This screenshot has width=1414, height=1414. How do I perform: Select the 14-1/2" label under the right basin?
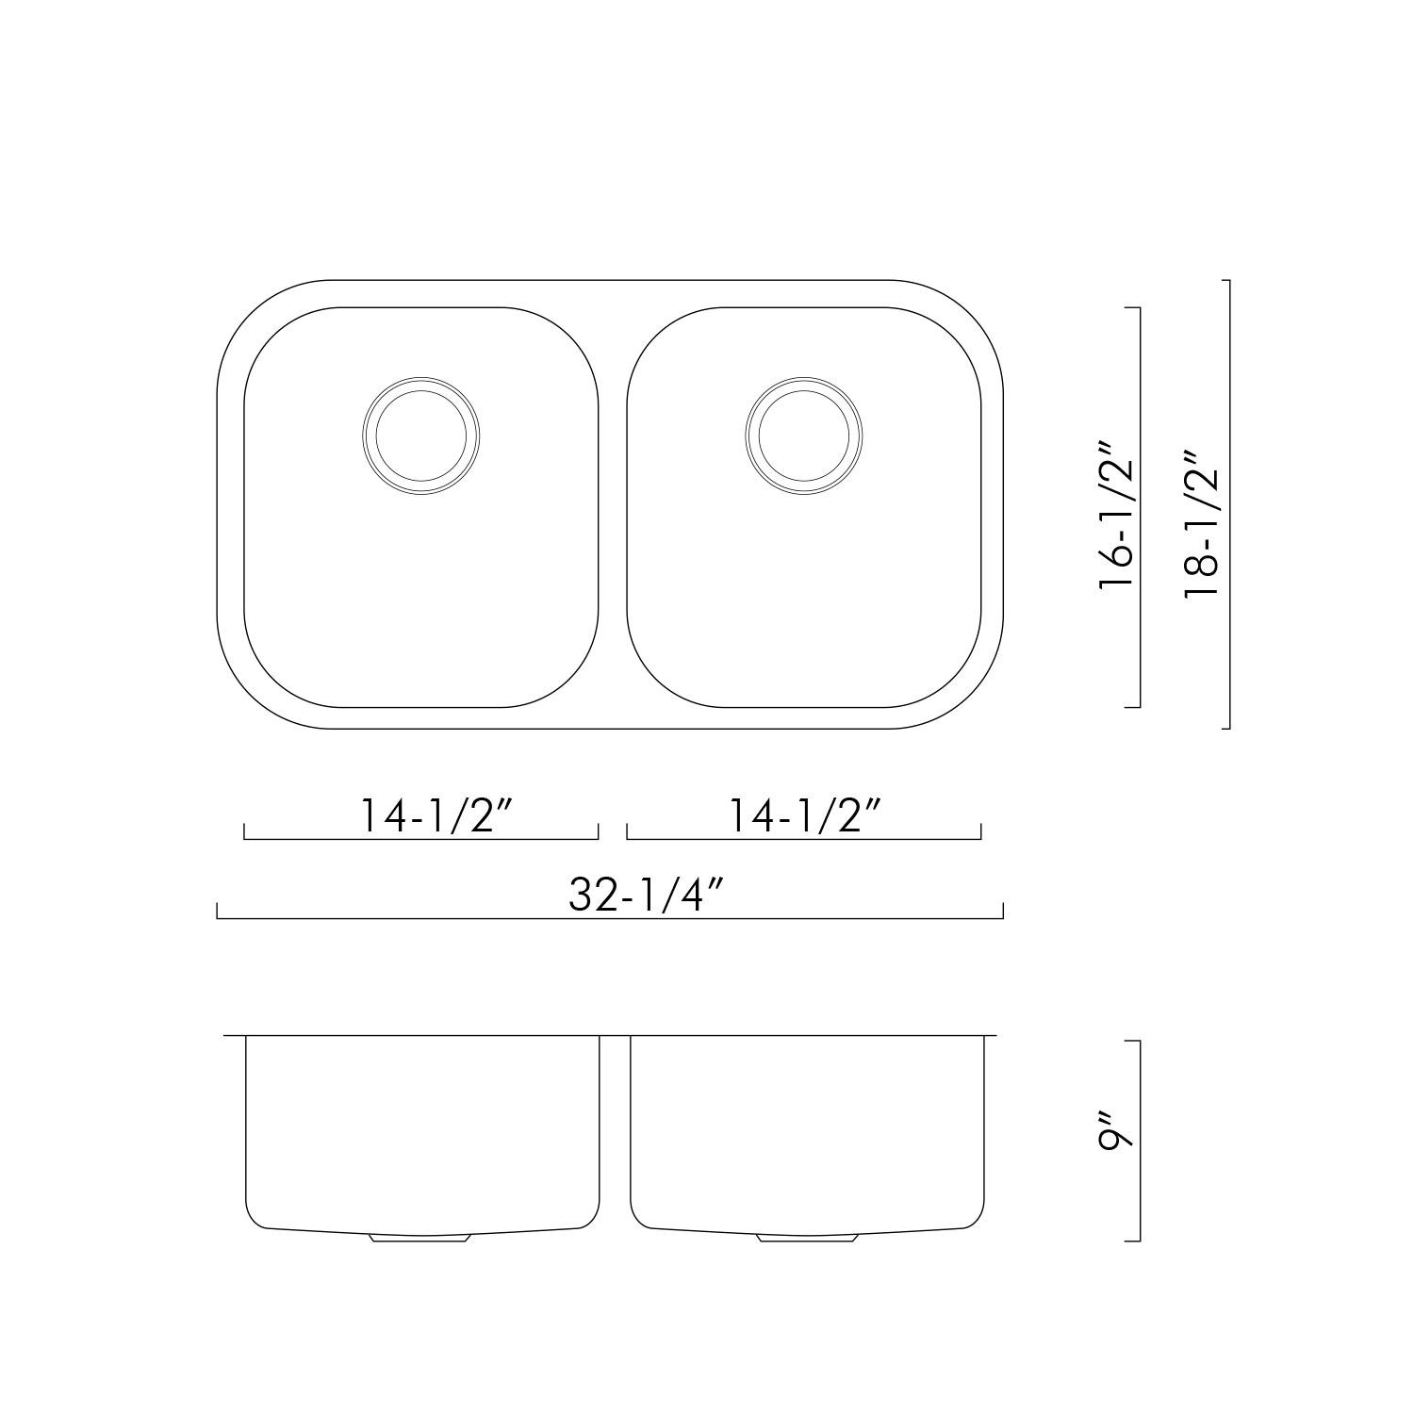coord(807,815)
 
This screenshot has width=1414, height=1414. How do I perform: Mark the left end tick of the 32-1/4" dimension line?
coord(218,911)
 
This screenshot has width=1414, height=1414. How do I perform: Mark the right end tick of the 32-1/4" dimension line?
coord(1003,911)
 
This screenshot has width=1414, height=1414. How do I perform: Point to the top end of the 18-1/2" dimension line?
coord(1227,281)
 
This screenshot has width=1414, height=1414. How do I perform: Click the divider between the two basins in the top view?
coord(613,509)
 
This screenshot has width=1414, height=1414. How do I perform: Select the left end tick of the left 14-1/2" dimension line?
coord(245,831)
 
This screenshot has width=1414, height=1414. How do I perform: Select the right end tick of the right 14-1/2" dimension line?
coord(981,831)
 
